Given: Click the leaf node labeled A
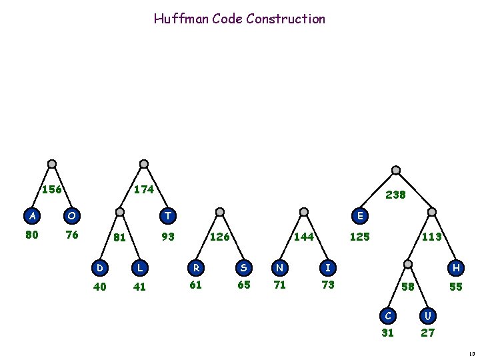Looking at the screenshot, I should pyautogui.click(x=31, y=215).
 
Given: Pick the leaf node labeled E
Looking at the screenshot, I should pyautogui.click(x=360, y=215).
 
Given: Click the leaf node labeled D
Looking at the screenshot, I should pyautogui.click(x=100, y=268).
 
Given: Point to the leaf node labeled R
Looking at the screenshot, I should pyautogui.click(x=197, y=268).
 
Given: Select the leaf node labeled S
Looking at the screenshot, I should pyautogui.click(x=243, y=268).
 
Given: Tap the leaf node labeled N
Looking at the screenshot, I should pyautogui.click(x=280, y=268).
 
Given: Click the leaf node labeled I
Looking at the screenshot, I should pyautogui.click(x=327, y=268).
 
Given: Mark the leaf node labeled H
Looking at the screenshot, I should pyautogui.click(x=457, y=268).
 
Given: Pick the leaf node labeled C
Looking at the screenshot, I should pyautogui.click(x=387, y=314).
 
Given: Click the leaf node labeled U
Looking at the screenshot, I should pyautogui.click(x=428, y=314).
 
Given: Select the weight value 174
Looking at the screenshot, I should pyautogui.click(x=144, y=189).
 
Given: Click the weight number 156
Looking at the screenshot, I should pyautogui.click(x=52, y=189).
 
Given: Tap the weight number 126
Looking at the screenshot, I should pyautogui.click(x=221, y=237).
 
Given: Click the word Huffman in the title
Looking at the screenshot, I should pyautogui.click(x=181, y=19).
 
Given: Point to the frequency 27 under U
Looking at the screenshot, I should pyautogui.click(x=428, y=333).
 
